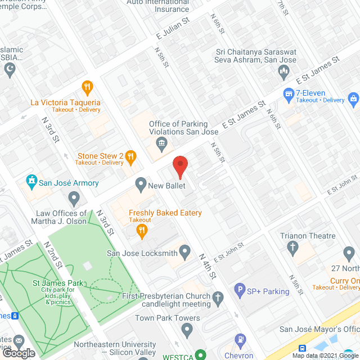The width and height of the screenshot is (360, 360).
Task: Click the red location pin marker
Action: click(179, 167)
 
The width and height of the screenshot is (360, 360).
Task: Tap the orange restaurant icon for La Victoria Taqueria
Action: click(87, 87)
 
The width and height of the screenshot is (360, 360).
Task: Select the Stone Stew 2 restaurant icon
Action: click(130, 156)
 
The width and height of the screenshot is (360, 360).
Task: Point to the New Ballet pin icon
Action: click(141, 184)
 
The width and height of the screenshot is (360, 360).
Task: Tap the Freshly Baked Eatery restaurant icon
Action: click(142, 229)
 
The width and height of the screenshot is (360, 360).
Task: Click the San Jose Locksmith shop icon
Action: click(184, 250)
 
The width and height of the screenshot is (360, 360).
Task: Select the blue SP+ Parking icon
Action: click(240, 291)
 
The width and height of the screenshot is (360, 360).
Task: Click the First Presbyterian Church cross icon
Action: click(218, 296)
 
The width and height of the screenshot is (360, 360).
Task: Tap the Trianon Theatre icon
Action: click(292, 246)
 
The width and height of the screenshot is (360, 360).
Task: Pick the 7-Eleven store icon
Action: click(289, 92)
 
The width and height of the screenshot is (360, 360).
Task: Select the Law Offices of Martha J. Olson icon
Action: click(74, 198)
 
